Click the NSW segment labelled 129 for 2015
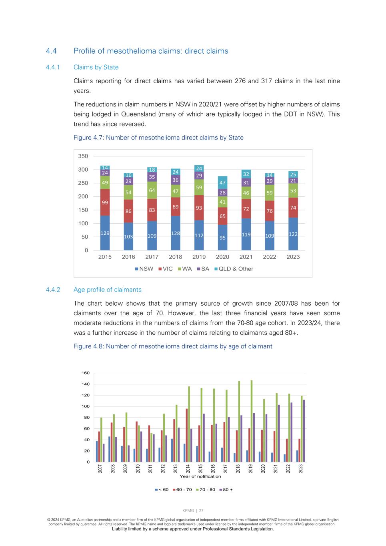pos(105,233)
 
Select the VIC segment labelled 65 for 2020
pos(222,216)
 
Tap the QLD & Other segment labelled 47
pos(222,182)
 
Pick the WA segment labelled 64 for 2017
pos(152,190)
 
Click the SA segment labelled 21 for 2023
pos(293,181)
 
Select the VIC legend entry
pos(165,269)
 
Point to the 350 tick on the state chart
pos(83,156)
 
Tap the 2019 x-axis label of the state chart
pos(199,257)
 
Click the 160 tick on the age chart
pos(86,373)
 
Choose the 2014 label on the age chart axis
pos(188,468)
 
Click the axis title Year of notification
pos(200,476)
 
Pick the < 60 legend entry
pos(162,490)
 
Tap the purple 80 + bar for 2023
pos(304,431)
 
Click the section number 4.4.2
pos(53,290)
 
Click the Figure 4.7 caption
pos(158,138)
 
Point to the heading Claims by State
pos(96,67)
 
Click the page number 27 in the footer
pos(201,510)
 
